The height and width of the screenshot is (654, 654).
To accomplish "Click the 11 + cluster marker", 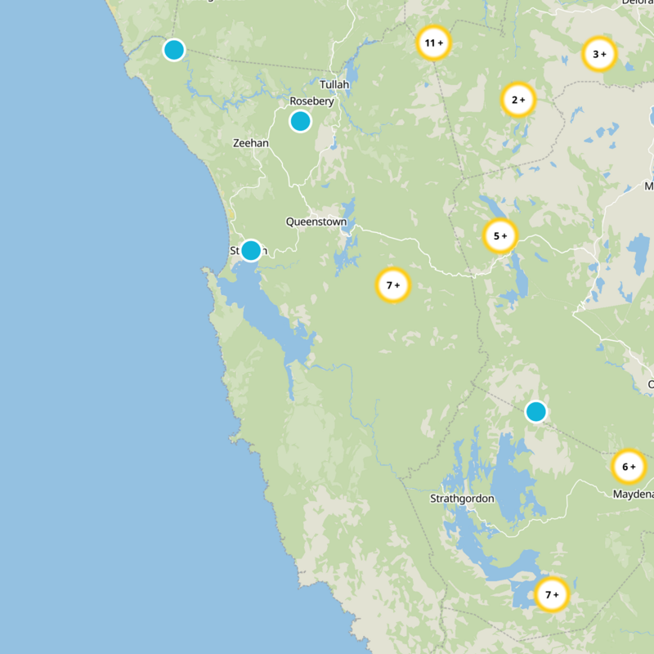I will [x=433, y=43].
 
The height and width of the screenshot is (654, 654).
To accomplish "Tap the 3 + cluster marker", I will [x=599, y=55].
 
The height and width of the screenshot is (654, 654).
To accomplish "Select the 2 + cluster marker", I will [x=518, y=101].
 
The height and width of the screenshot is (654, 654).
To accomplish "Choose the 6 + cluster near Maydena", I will [x=629, y=467].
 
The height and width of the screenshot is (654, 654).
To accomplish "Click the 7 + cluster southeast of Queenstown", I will [x=393, y=285].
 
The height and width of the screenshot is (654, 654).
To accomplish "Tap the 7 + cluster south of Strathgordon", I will [x=551, y=594].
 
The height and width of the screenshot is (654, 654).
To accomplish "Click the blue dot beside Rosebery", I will [x=300, y=121].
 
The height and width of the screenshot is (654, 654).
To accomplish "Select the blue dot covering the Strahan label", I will [x=251, y=250].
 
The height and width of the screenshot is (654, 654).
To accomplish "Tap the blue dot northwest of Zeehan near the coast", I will [x=173, y=50].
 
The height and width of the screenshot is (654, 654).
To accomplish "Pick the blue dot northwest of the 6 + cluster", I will [x=535, y=411].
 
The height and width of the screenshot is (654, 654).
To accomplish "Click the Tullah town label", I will [x=334, y=85].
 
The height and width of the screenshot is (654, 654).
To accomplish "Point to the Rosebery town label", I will [x=311, y=101].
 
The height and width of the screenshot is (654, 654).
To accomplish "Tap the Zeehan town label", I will [x=250, y=142].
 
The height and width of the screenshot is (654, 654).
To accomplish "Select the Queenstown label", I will [x=316, y=222].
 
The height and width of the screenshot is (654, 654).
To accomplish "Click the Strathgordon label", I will [x=463, y=498].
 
